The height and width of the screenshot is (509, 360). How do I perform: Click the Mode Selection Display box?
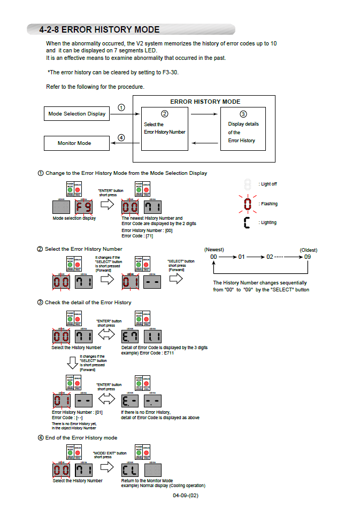tap(76, 114)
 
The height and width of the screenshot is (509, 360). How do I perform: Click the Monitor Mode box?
tap(74, 143)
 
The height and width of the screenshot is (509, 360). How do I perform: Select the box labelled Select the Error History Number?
tap(165, 128)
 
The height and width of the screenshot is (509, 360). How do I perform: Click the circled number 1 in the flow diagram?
tap(121, 107)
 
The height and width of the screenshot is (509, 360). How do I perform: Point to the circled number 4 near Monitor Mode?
tap(121, 137)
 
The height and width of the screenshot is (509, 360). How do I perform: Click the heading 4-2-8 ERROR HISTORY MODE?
tap(99, 30)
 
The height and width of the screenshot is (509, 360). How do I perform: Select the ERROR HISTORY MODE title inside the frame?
tap(205, 102)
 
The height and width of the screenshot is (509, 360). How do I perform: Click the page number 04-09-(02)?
tap(186, 496)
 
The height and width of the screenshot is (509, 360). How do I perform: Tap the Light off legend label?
tap(268, 184)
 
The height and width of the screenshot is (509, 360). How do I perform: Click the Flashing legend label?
tap(268, 204)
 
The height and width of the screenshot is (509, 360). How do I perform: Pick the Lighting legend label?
tap(267, 222)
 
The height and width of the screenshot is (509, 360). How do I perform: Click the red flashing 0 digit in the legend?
tap(247, 204)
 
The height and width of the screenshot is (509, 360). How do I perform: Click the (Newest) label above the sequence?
tap(214, 250)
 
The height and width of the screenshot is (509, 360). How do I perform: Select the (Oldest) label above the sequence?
tap(309, 250)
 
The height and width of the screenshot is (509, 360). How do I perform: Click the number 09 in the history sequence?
tap(307, 257)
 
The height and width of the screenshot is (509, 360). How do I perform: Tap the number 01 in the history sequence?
tap(241, 257)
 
